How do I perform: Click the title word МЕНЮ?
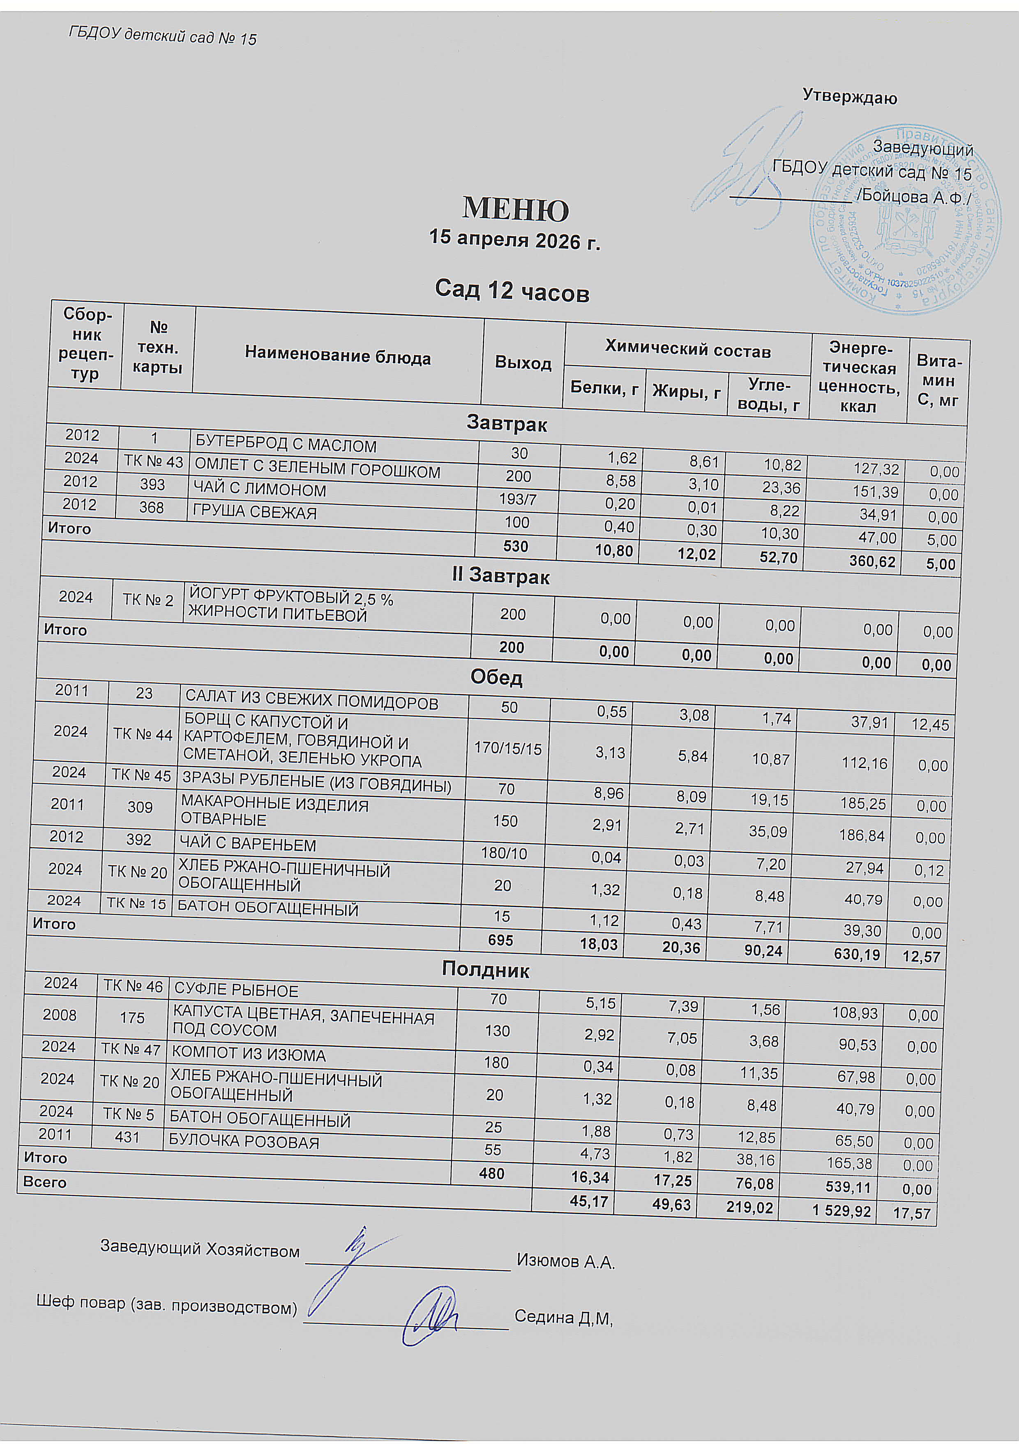[x=516, y=209]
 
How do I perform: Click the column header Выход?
[x=523, y=363]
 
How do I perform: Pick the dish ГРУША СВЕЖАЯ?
[x=255, y=512]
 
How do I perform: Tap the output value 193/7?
[x=517, y=500]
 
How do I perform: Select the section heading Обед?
[x=497, y=677]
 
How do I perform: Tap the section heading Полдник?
[x=485, y=969]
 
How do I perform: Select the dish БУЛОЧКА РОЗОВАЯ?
[x=244, y=1141]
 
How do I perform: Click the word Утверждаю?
[x=850, y=97]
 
